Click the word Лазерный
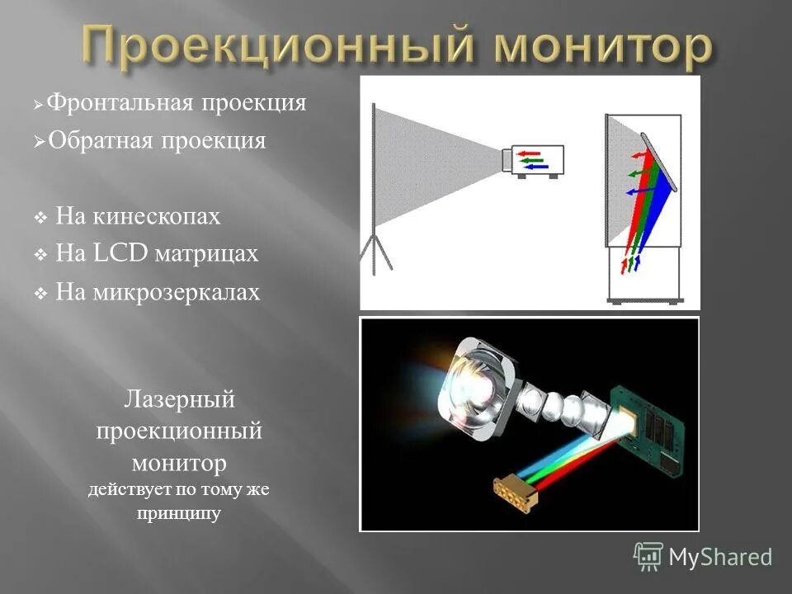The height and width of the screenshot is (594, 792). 180,400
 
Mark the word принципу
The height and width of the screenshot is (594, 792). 180,513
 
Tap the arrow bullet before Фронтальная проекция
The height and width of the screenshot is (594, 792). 38,106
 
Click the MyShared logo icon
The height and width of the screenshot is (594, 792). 648,557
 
